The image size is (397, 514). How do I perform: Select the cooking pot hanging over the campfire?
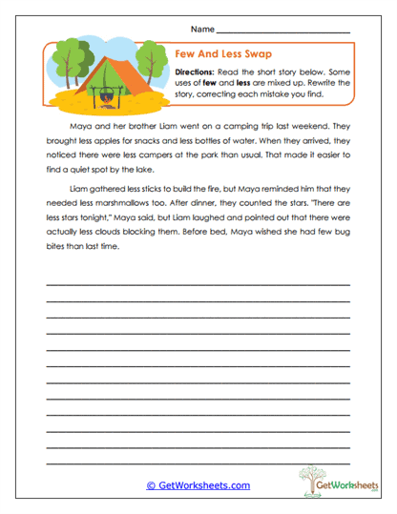pyautogui.click(x=105, y=91)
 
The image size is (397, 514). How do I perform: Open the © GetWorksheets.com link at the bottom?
pyautogui.click(x=198, y=485)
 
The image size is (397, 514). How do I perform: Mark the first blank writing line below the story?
pyautogui.click(x=198, y=284)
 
